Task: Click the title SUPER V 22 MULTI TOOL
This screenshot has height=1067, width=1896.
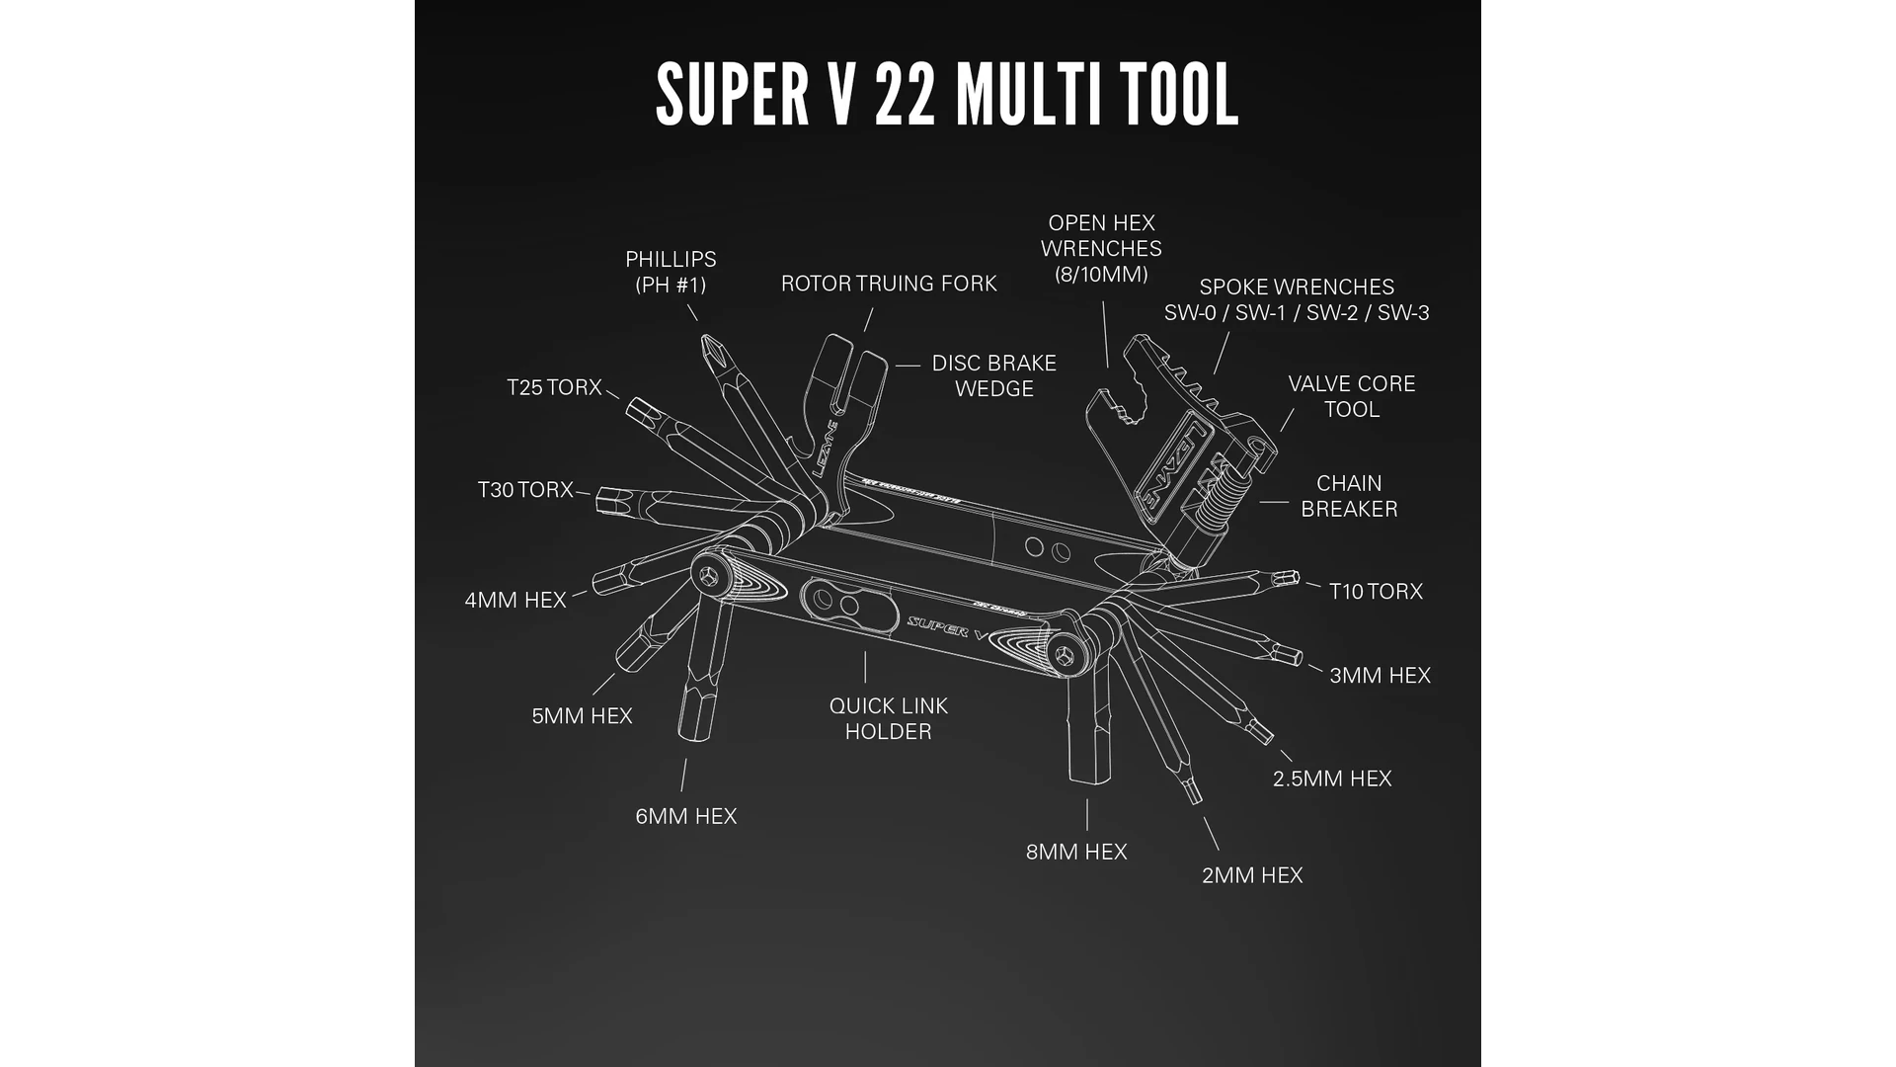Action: point(947,95)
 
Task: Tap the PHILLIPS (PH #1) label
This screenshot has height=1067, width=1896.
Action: point(671,272)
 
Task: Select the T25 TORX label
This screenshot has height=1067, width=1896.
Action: point(554,387)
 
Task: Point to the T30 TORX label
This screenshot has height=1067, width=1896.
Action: point(525,490)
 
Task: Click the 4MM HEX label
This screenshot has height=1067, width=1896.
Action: point(515,600)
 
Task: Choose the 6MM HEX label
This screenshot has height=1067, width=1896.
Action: point(686,816)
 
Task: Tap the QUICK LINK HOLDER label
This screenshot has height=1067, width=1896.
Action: point(889,718)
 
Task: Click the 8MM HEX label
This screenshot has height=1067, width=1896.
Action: point(1076,852)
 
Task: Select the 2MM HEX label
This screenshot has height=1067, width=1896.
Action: point(1252,875)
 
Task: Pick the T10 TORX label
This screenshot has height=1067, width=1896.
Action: point(1376,591)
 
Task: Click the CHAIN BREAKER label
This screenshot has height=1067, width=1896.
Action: point(1349,496)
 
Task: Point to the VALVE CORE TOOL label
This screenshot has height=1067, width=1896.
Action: point(1352,396)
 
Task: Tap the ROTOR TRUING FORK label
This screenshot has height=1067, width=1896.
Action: point(889,284)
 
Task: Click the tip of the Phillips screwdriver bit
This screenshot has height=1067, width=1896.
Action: point(707,343)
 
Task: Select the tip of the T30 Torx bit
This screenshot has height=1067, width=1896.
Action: point(603,502)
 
